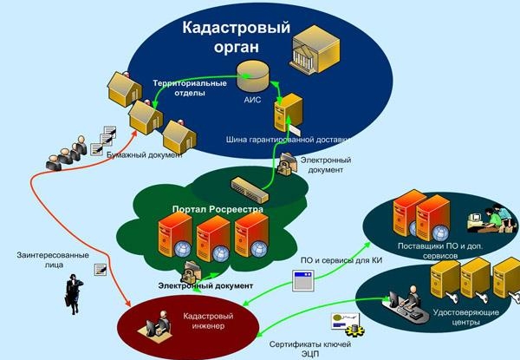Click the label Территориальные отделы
pyautogui.click(x=191, y=88)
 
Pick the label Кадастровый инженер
pyautogui.click(x=205, y=322)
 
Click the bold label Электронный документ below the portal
pyautogui.click(x=205, y=285)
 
